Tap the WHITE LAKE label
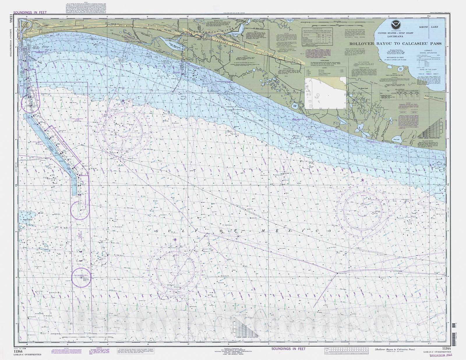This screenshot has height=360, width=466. click(430, 27)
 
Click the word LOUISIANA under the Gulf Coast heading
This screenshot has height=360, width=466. click(395, 37)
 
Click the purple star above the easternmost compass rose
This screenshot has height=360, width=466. click(362, 180)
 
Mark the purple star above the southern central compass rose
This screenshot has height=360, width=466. click(175, 240)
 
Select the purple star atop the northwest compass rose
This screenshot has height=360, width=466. click(123, 101)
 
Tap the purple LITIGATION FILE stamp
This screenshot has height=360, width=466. click(441, 355)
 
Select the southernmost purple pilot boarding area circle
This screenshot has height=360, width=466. click(81, 278)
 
